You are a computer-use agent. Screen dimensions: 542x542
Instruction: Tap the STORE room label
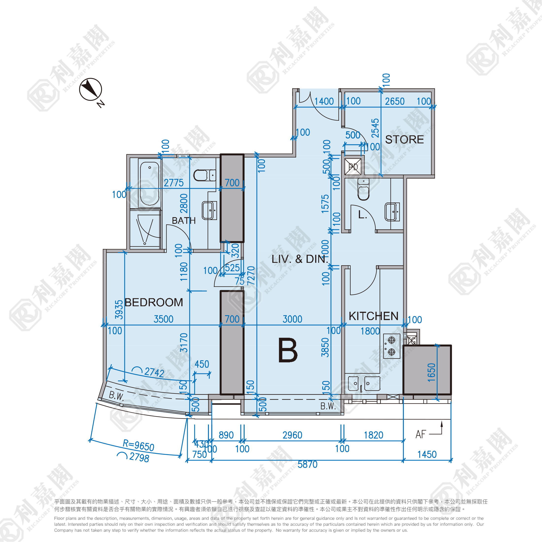(404, 139)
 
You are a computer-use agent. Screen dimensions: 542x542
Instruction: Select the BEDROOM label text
(153, 303)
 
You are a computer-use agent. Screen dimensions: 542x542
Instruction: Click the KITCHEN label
(373, 316)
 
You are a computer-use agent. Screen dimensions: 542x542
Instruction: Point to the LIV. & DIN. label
(300, 259)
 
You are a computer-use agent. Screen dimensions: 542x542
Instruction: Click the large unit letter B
(288, 350)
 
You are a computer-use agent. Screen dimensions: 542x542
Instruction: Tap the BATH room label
(184, 220)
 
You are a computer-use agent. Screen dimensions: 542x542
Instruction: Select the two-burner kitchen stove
(391, 346)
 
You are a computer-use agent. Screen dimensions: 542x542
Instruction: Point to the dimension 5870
(307, 464)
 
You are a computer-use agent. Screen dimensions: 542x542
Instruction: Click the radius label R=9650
(139, 445)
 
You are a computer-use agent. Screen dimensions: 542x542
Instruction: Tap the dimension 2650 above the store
(394, 101)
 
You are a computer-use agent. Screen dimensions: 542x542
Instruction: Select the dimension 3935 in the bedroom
(119, 310)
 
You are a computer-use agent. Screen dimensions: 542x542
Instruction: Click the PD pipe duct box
(353, 167)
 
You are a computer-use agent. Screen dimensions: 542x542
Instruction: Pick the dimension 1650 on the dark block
(431, 372)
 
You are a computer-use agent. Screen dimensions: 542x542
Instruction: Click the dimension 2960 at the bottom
(292, 435)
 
